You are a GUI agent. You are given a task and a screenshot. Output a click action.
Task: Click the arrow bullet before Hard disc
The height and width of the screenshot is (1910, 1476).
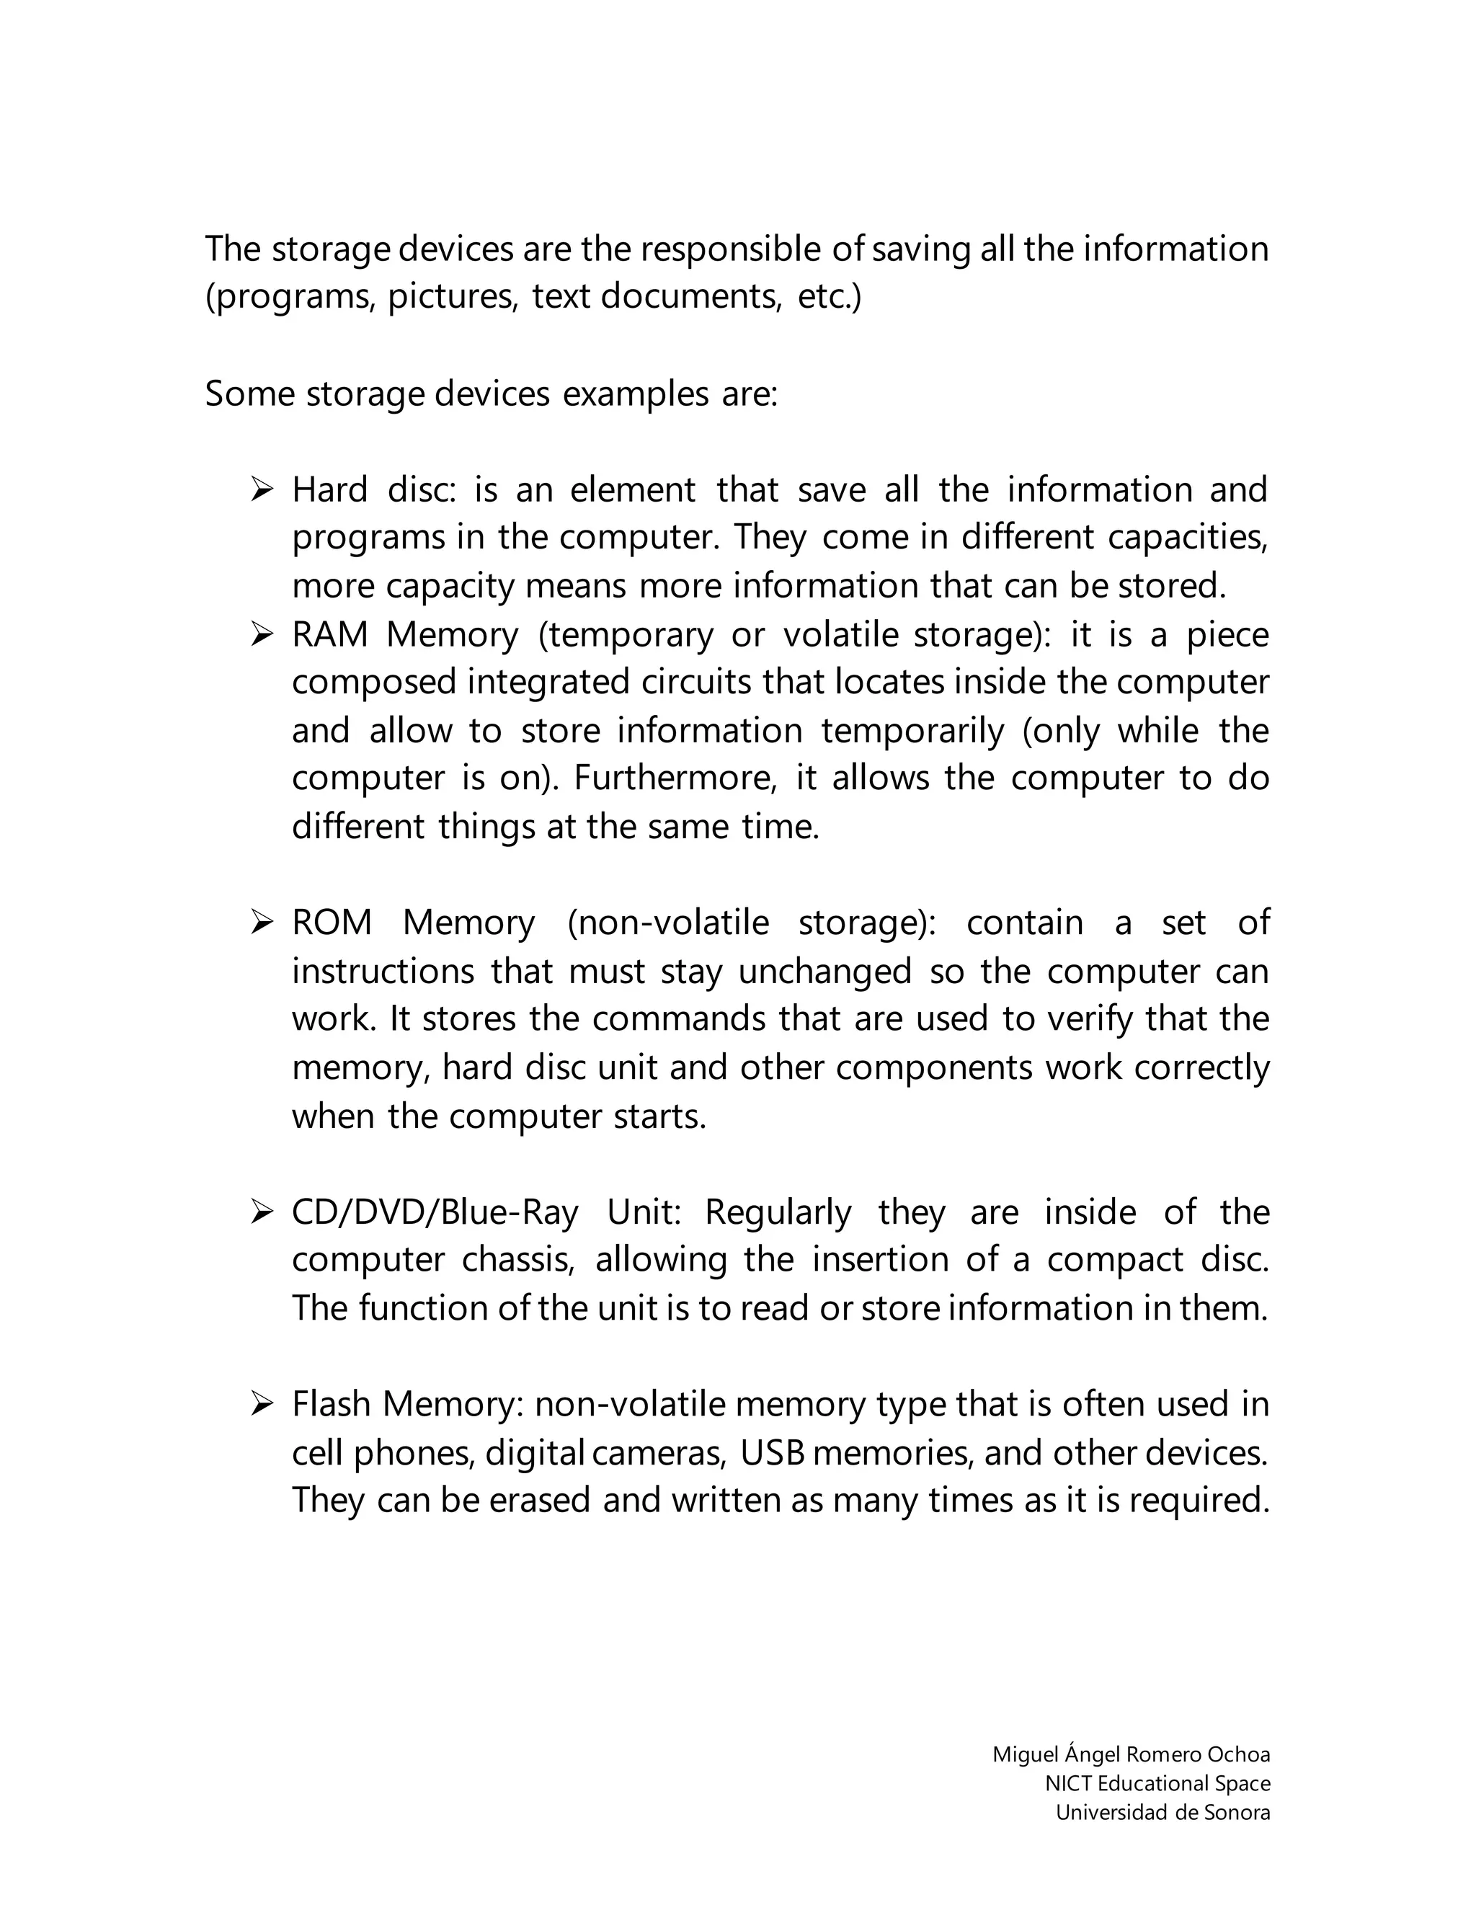(262, 489)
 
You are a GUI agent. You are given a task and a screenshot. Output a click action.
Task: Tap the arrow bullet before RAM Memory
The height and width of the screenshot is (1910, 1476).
(262, 634)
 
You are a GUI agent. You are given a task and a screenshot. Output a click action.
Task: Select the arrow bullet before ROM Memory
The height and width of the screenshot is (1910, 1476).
(262, 923)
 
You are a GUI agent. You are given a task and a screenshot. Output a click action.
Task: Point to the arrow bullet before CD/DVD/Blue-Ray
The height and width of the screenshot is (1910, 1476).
(262, 1212)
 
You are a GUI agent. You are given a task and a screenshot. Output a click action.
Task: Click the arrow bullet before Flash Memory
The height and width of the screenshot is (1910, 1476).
(262, 1405)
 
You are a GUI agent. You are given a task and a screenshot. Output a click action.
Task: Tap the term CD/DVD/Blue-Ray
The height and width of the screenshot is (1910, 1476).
(435, 1212)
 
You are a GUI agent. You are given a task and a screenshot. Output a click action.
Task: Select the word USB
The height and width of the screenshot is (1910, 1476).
(772, 1452)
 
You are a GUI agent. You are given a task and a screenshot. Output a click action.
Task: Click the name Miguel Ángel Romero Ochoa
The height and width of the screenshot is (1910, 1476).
(1131, 1754)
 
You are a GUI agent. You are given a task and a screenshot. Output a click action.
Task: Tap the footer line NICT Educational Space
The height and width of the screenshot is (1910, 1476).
(1157, 1783)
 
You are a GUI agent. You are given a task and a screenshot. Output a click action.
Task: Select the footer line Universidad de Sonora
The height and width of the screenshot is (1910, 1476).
(1162, 1812)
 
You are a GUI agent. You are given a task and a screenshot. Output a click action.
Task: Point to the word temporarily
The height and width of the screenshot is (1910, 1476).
(913, 730)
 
